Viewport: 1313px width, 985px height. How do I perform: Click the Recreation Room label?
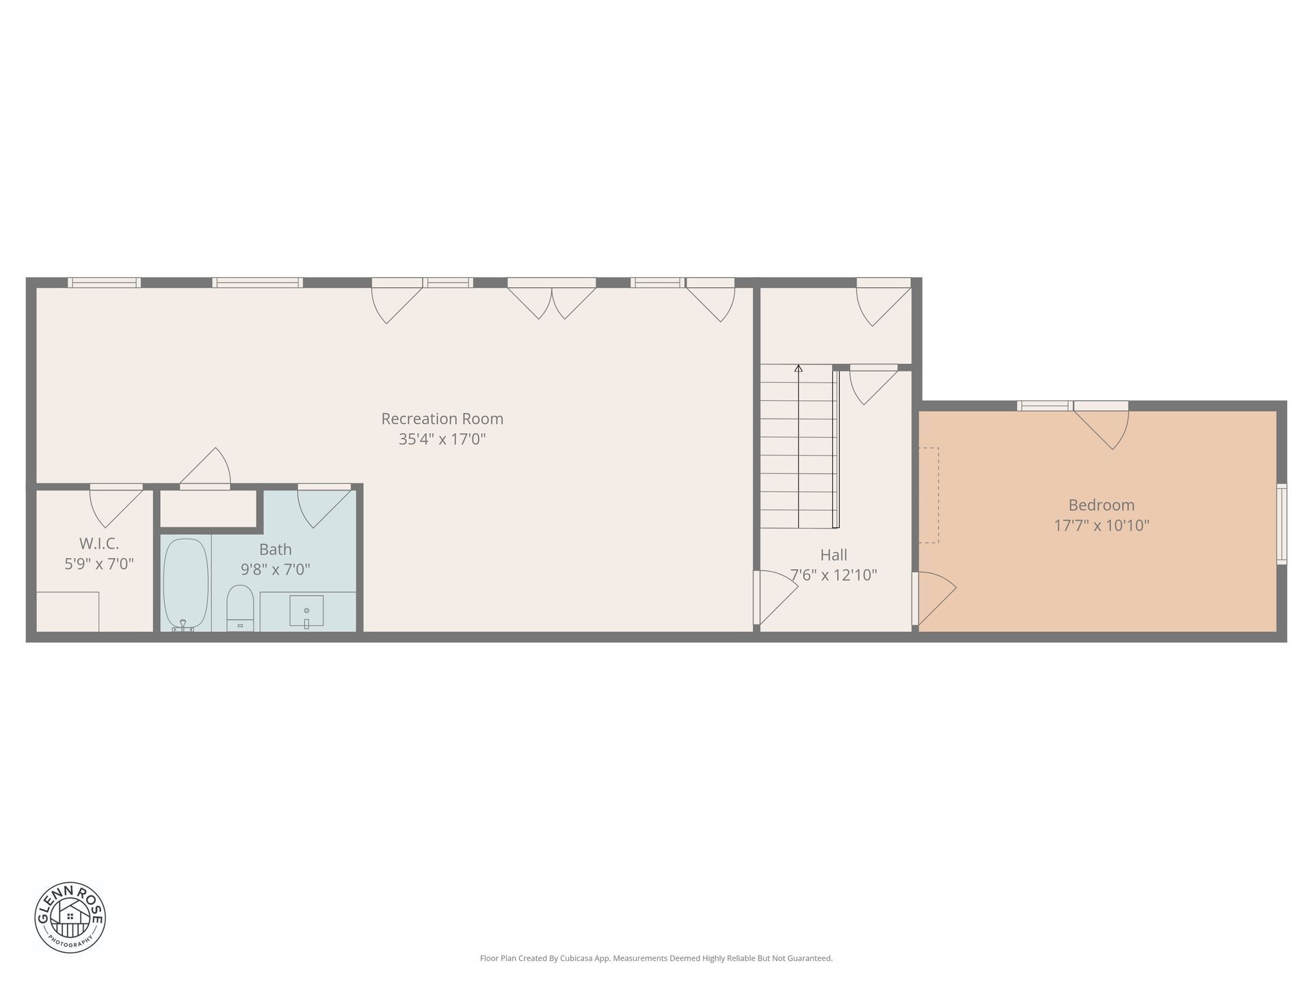(x=442, y=419)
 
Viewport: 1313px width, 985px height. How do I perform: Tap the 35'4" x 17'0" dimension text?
(x=442, y=439)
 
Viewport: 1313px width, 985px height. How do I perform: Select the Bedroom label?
(x=1101, y=505)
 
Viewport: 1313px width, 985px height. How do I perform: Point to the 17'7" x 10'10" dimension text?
(x=1101, y=526)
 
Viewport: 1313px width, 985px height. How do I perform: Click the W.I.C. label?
(x=99, y=544)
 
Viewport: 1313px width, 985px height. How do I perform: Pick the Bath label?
(x=276, y=549)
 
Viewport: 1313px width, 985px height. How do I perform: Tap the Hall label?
(x=834, y=555)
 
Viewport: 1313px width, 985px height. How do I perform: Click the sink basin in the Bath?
(x=306, y=611)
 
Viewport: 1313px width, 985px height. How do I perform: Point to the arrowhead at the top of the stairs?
(x=798, y=368)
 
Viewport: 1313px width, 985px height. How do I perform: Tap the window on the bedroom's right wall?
(x=1282, y=524)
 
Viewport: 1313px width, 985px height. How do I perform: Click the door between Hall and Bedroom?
(x=934, y=599)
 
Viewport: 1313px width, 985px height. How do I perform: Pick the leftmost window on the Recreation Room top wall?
(x=105, y=283)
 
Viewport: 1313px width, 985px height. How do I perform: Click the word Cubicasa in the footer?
(x=576, y=958)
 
